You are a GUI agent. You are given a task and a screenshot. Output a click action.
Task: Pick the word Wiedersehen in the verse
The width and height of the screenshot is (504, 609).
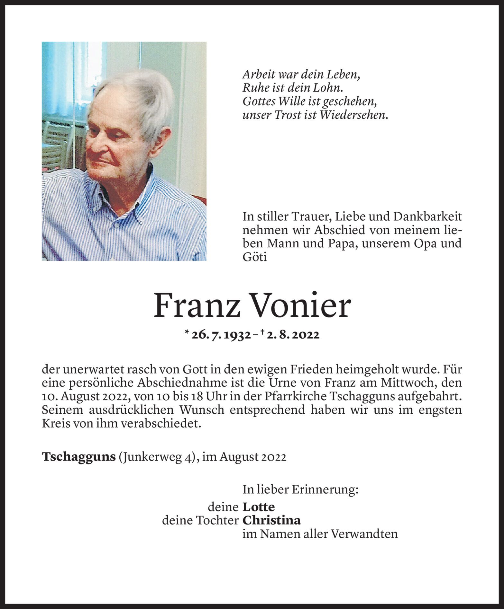pos(353,115)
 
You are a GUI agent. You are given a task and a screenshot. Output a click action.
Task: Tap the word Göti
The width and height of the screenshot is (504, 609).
pos(254,257)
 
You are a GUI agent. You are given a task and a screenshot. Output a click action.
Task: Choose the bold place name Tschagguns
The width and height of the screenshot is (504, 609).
pos(78,457)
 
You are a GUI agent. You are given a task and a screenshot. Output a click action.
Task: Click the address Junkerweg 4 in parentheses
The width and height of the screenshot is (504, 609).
pos(157,457)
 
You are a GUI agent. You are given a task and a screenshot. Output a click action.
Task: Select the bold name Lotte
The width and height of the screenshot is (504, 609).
pos(259,507)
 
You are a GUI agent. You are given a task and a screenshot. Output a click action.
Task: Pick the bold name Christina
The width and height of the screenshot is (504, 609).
pos(271,520)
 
